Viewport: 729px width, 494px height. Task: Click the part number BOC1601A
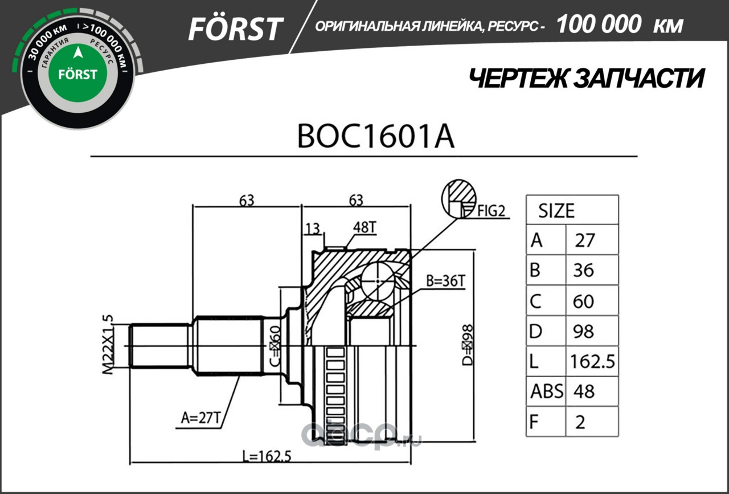click(x=375, y=137)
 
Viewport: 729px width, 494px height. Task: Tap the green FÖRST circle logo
click(x=77, y=74)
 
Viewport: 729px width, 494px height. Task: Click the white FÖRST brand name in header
click(x=236, y=28)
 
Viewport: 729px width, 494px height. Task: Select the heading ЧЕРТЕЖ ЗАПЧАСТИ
click(x=586, y=79)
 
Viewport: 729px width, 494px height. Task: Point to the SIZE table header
click(x=556, y=211)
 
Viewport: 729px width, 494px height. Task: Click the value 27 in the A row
click(x=585, y=240)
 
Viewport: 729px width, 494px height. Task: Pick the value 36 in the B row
click(x=584, y=270)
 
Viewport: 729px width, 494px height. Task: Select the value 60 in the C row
click(x=584, y=301)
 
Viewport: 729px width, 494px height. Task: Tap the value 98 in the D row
click(x=584, y=332)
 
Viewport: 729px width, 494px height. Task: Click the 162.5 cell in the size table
click(x=593, y=361)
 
